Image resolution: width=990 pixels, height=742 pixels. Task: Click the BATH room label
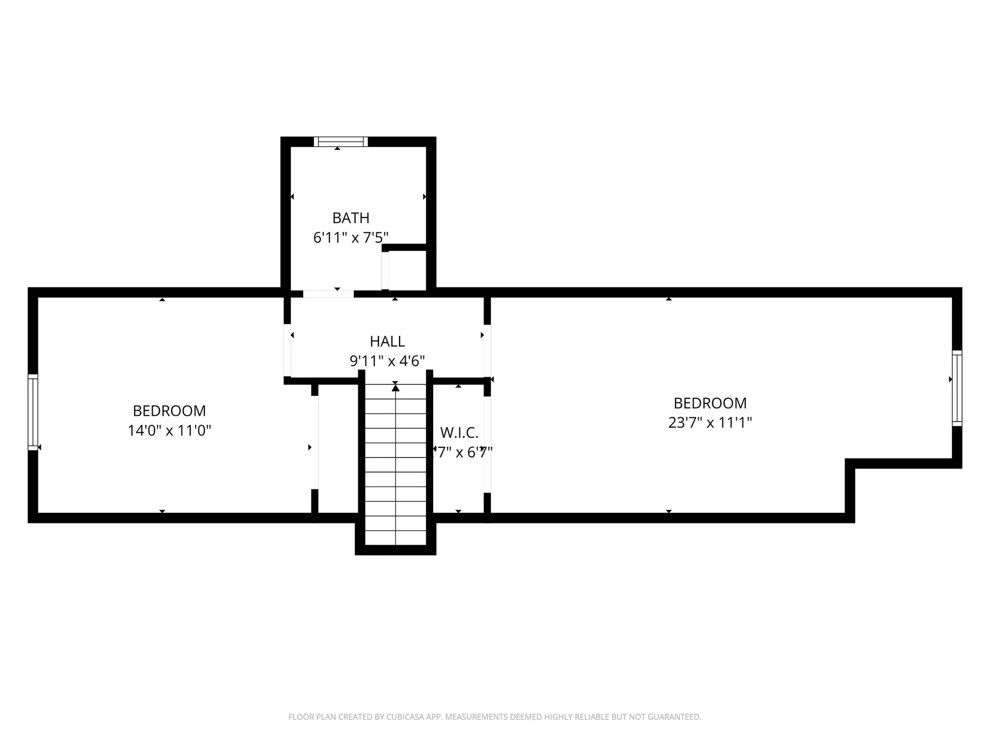tap(351, 218)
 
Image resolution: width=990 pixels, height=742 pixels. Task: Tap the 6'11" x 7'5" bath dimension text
tap(351, 238)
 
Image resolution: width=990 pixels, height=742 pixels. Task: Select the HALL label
tap(387, 341)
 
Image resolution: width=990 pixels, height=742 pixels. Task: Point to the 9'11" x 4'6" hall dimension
tap(387, 361)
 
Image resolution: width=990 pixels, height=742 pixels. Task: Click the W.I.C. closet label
tap(459, 432)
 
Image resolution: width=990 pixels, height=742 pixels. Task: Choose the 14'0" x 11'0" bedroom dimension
tap(169, 430)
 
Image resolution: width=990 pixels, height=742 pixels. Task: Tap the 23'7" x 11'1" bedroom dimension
tap(710, 423)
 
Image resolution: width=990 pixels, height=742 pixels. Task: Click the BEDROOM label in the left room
tap(169, 411)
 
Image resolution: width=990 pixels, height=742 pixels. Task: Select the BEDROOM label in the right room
tap(710, 403)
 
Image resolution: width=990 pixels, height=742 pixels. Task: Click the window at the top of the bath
tap(341, 141)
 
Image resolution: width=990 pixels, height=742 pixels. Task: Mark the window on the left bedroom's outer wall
tap(33, 412)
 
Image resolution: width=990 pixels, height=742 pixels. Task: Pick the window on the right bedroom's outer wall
tap(957, 388)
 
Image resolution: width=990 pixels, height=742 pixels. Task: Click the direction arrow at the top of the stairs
tap(395, 387)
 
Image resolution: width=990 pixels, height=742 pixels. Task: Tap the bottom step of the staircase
tap(395, 537)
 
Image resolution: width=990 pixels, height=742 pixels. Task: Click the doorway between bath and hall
tap(328, 294)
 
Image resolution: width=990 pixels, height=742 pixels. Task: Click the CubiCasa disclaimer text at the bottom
tap(494, 717)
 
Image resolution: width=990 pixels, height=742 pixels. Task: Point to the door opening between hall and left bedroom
tap(287, 350)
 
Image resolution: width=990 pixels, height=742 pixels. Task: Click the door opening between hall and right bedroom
tap(487, 350)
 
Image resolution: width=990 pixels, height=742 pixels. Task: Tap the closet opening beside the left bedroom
tap(315, 442)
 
